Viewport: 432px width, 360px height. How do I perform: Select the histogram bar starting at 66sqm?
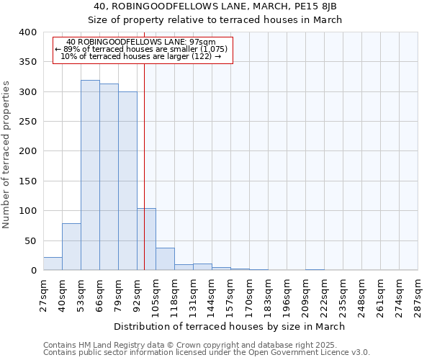109,177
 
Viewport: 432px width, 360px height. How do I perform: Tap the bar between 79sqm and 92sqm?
127,181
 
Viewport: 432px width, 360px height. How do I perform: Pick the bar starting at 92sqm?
146,239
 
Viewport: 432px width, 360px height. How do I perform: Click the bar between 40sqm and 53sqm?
71,247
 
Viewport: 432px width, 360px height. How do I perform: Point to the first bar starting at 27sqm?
53,264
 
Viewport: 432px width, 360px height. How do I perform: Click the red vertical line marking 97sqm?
144,144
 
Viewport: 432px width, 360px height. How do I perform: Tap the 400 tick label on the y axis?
27,32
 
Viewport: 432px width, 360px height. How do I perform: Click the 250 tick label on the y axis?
27,122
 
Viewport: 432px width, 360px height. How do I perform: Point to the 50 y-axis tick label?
30,240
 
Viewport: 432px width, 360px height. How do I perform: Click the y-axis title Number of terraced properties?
7,156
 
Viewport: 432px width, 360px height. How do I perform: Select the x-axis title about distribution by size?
230,326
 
